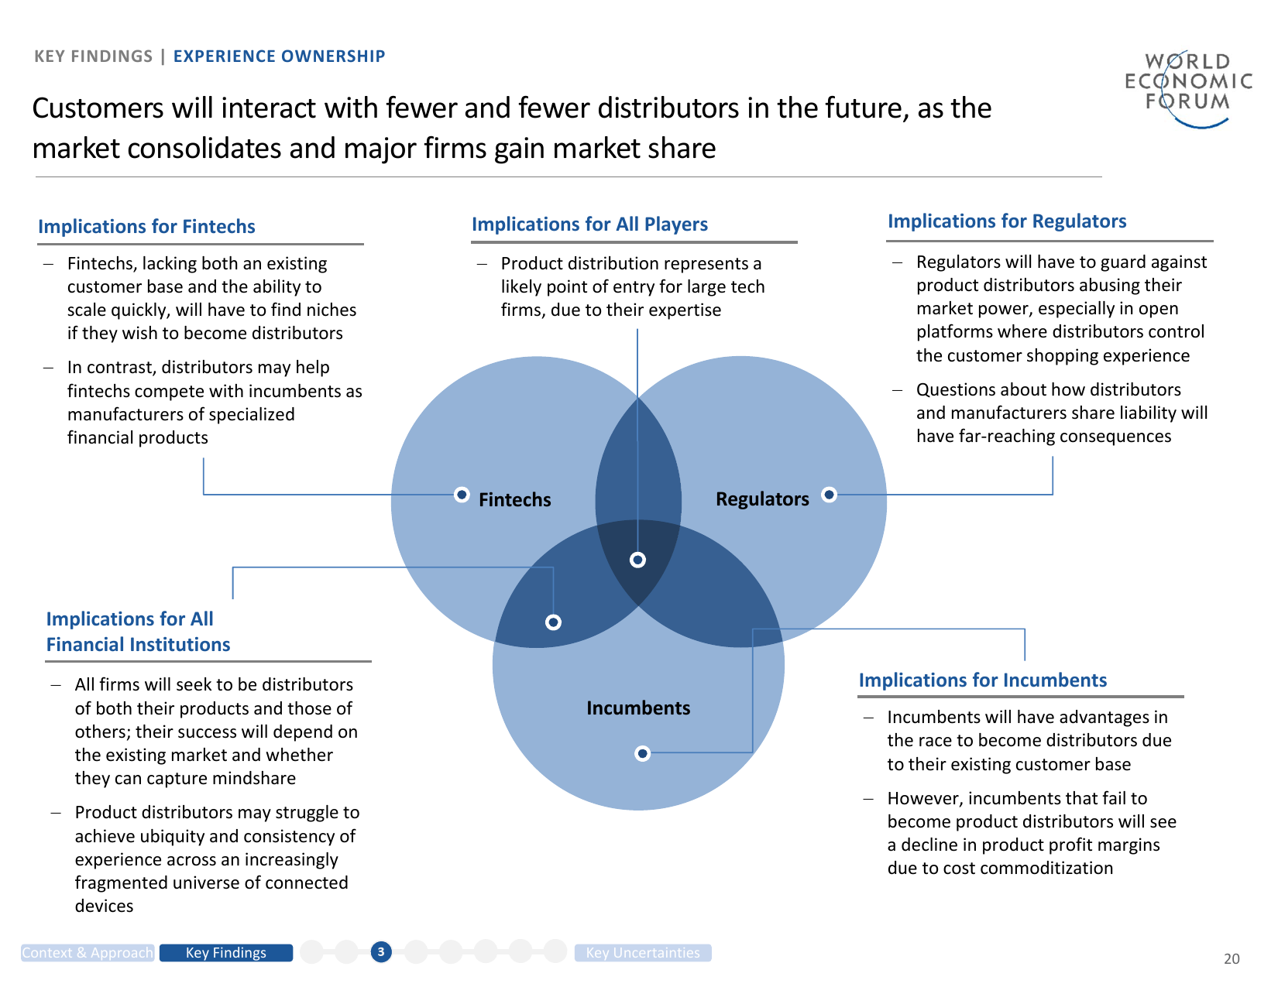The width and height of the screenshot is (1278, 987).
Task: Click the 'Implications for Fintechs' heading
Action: tap(146, 227)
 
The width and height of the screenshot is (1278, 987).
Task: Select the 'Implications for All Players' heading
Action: tap(589, 224)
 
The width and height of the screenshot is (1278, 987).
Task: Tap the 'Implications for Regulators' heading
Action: tap(1007, 221)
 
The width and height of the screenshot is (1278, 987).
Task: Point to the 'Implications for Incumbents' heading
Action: tap(982, 680)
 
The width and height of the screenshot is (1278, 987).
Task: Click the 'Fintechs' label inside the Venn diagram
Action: tap(514, 500)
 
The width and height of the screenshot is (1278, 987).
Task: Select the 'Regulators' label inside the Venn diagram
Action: tap(762, 499)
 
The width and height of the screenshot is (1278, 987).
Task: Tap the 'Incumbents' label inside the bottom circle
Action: tap(638, 708)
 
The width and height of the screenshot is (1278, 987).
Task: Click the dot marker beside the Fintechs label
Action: tap(462, 495)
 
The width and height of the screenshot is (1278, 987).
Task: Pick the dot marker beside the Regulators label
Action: tap(829, 495)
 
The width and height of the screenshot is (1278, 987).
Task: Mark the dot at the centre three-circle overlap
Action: tap(637, 560)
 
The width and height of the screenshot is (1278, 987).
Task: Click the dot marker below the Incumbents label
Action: tap(642, 753)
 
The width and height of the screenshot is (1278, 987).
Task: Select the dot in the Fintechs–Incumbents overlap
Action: tap(553, 622)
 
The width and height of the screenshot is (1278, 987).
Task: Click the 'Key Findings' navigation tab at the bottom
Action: tap(225, 953)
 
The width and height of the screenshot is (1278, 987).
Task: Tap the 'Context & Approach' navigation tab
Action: tap(88, 953)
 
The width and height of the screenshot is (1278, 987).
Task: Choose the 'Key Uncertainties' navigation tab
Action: tap(642, 953)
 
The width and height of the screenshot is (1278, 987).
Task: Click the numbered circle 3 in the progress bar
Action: tap(381, 952)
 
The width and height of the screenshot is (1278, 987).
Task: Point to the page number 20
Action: tap(1232, 959)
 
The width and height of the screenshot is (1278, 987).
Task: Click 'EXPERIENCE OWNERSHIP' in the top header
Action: tap(279, 57)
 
